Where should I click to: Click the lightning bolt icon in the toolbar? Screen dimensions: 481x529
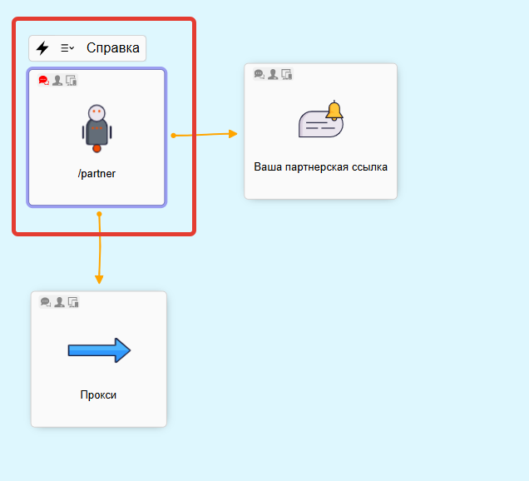tap(42, 48)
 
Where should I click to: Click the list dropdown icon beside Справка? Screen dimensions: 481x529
tap(67, 48)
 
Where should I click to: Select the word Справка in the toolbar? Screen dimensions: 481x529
tap(113, 48)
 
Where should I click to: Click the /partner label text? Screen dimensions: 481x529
tap(96, 174)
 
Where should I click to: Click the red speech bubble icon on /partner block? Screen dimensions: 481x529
tap(44, 81)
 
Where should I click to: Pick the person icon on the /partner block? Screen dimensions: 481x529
tap(57, 81)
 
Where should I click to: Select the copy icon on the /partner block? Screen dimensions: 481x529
tap(71, 81)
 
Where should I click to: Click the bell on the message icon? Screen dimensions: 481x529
tap(334, 111)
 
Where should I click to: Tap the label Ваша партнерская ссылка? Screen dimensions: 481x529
tap(320, 167)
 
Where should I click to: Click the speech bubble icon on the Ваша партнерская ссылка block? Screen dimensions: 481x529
tap(260, 74)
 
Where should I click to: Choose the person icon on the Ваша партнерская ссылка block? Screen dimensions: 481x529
tap(273, 74)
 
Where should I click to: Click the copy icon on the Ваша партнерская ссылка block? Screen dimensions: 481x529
tap(286, 74)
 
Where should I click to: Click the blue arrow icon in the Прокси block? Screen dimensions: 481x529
tap(99, 350)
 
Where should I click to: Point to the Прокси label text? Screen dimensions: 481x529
tap(98, 394)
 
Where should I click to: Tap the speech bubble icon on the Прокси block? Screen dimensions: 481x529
tap(46, 302)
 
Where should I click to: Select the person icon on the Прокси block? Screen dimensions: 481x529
tap(59, 302)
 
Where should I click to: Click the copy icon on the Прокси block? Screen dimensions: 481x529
tap(72, 302)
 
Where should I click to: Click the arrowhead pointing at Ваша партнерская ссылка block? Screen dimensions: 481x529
tap(233, 133)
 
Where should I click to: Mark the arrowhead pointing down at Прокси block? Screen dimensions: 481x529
tap(99, 279)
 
